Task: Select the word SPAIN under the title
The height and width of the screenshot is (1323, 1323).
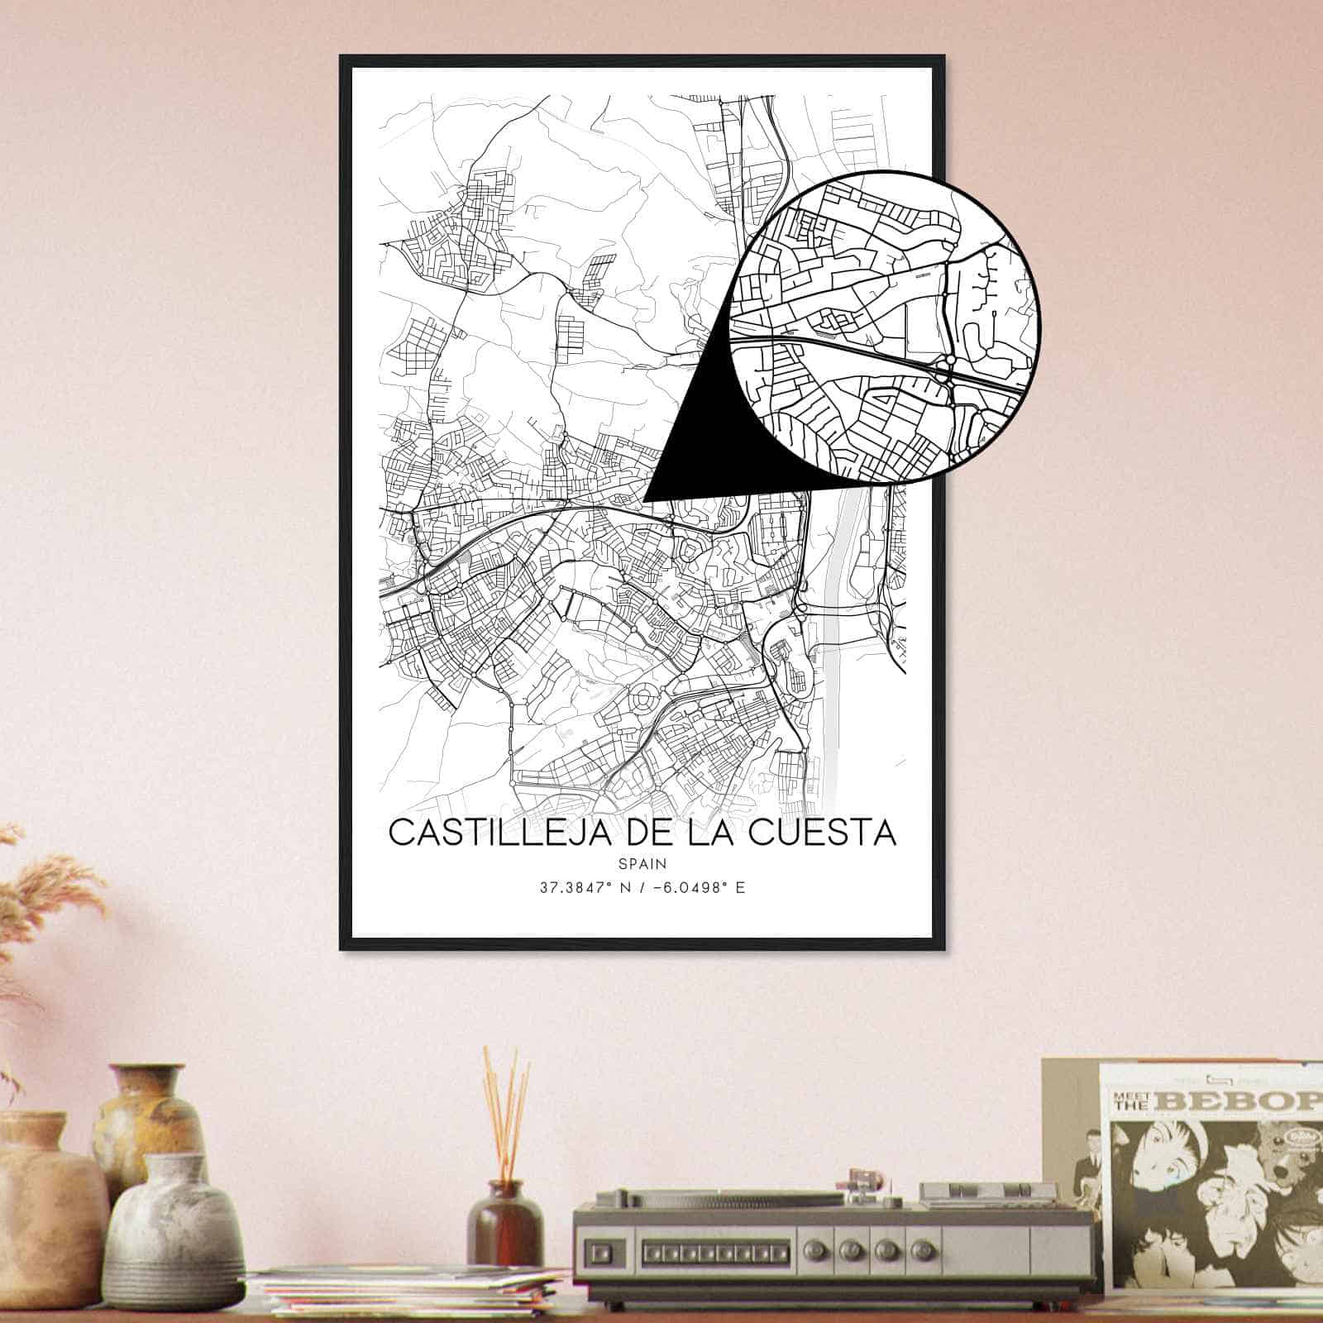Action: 642,863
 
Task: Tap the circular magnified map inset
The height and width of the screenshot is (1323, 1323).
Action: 885,327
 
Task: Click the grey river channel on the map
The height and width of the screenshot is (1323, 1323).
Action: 833,645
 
